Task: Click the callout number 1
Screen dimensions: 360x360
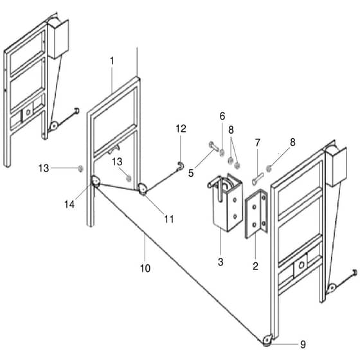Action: click(x=112, y=61)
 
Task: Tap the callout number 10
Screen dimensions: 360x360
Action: click(x=145, y=268)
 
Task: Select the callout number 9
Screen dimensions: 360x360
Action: click(x=303, y=345)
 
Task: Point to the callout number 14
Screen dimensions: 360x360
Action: click(x=69, y=204)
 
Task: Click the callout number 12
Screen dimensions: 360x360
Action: click(x=181, y=129)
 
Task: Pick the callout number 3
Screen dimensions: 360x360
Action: click(x=221, y=262)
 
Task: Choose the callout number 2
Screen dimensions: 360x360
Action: click(x=255, y=266)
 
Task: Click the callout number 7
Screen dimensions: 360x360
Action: click(x=258, y=143)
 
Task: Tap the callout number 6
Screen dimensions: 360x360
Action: click(x=222, y=116)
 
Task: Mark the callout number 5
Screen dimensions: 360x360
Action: click(x=191, y=173)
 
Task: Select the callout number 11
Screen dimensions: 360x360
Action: click(x=169, y=219)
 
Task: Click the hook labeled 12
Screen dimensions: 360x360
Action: click(x=181, y=166)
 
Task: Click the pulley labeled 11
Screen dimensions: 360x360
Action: click(x=142, y=190)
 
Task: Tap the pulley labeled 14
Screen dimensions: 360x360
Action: click(x=96, y=181)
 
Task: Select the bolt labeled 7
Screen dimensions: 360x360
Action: click(x=258, y=179)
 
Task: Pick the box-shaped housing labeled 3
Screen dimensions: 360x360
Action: click(x=226, y=202)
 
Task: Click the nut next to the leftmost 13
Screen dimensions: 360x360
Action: click(x=80, y=168)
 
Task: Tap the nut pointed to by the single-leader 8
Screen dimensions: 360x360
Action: click(x=269, y=168)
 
